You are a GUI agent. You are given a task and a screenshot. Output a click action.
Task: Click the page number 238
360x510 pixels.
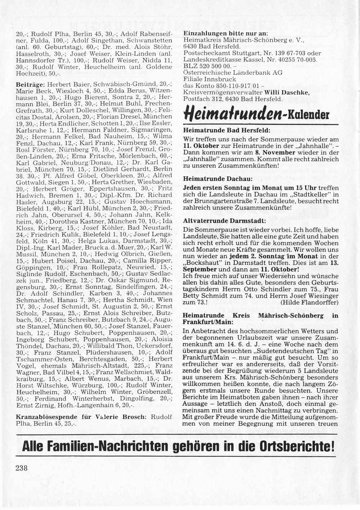pyautogui.click(x=22, y=468)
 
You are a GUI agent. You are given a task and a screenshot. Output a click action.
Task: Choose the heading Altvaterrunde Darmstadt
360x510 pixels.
pyautogui.click(x=225, y=221)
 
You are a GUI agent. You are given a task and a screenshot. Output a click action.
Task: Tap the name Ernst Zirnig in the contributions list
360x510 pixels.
pyautogui.click(x=33, y=405)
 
